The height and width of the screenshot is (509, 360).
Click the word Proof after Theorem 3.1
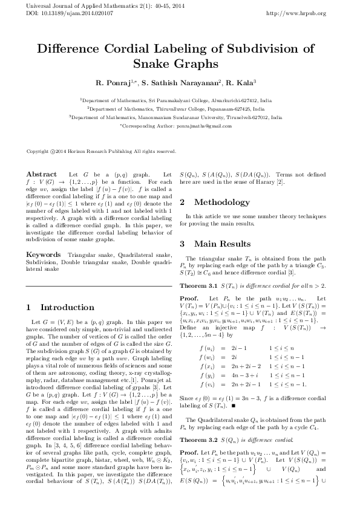(189, 299)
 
